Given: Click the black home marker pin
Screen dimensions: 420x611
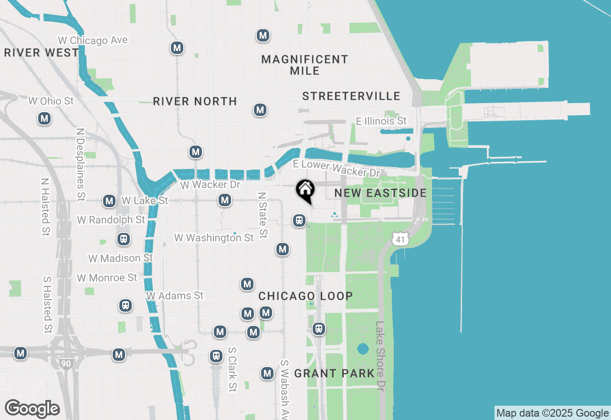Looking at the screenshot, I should point(305,190).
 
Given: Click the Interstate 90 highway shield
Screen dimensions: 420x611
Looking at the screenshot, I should point(66,363).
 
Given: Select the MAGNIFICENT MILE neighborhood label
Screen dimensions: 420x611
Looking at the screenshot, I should point(305,65).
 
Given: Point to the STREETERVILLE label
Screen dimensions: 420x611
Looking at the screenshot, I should point(351,96).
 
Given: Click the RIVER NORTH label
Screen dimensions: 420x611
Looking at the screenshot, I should point(195,101).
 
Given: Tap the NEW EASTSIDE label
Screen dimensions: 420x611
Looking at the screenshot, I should point(380,193).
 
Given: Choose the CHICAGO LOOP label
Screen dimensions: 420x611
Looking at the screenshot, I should point(305,296).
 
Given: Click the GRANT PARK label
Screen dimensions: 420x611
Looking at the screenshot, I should point(334,373).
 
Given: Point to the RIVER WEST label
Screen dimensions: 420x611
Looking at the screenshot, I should point(41,52).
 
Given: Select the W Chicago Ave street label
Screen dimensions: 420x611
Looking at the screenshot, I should point(93,41).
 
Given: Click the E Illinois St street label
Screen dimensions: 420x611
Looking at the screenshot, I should point(381,121).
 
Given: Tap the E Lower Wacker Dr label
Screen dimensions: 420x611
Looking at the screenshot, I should point(337,168).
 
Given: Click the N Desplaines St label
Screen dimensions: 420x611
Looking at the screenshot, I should point(80,163).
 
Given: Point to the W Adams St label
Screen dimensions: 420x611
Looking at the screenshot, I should point(175,296).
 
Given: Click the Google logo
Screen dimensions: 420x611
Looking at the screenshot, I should point(32,409).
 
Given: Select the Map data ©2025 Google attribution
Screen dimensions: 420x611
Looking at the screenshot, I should point(552,413).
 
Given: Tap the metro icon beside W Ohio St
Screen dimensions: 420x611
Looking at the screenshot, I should point(44,118).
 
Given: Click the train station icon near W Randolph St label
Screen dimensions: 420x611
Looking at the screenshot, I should point(124,239).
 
